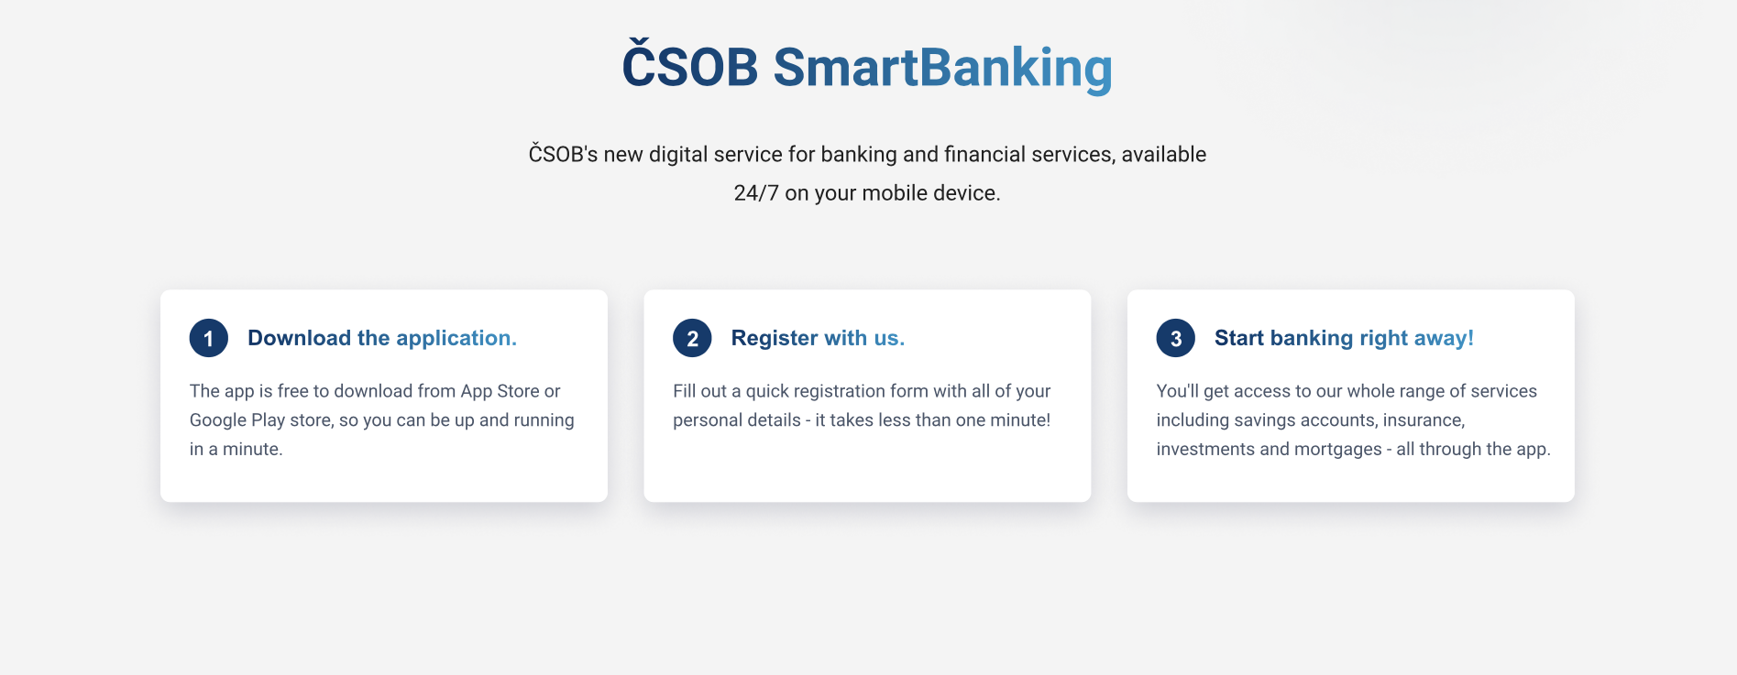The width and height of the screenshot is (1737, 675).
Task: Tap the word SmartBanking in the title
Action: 943,68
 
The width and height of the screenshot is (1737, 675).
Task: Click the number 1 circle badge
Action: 209,338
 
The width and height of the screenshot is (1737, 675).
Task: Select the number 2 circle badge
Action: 692,338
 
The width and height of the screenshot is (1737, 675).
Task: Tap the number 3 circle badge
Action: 1176,338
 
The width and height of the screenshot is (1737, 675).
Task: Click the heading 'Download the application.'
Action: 382,338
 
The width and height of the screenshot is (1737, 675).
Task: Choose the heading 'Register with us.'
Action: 818,338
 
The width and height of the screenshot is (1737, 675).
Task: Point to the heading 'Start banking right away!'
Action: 1344,338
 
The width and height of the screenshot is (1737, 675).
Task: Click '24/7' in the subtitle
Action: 756,193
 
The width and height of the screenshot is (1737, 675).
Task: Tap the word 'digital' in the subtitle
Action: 678,155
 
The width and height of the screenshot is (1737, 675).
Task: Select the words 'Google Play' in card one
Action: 237,420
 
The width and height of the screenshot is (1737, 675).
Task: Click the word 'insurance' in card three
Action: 1424,420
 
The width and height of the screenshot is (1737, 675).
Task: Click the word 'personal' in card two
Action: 708,420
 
